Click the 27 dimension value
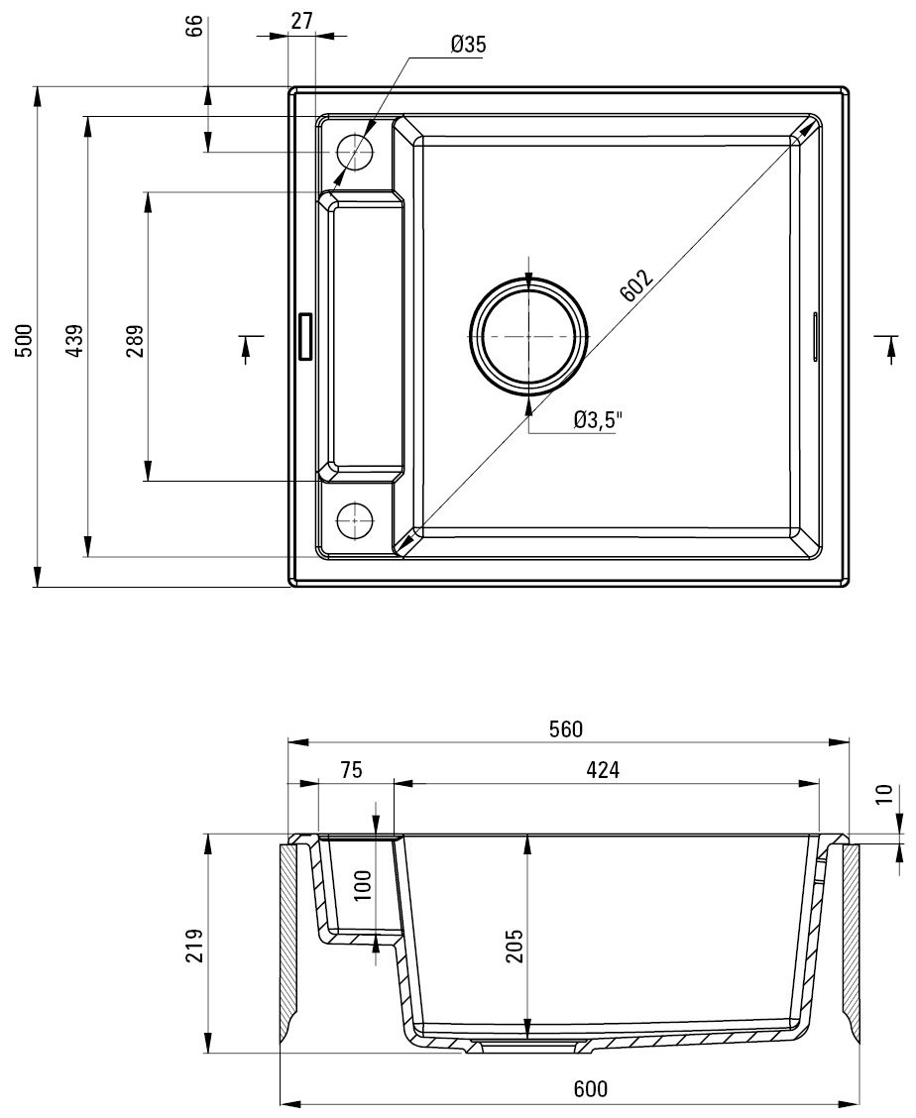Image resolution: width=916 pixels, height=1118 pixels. click(x=301, y=21)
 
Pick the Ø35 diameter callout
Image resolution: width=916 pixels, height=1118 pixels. click(x=468, y=45)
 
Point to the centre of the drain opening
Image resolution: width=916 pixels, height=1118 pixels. click(x=528, y=336)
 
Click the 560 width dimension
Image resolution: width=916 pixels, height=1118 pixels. click(x=566, y=728)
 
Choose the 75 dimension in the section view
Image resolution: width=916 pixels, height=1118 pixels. click(x=351, y=770)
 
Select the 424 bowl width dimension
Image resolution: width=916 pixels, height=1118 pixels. click(x=603, y=770)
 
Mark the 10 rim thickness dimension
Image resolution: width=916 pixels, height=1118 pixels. click(x=884, y=794)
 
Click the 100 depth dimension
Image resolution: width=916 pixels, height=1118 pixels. click(x=363, y=885)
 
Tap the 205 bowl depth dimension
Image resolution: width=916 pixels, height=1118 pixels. click(x=515, y=947)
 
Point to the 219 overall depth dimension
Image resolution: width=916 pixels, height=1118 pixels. click(x=194, y=947)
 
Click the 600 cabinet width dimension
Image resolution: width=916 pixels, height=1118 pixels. click(x=591, y=1089)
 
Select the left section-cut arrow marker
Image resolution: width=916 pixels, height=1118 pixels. click(x=247, y=349)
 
